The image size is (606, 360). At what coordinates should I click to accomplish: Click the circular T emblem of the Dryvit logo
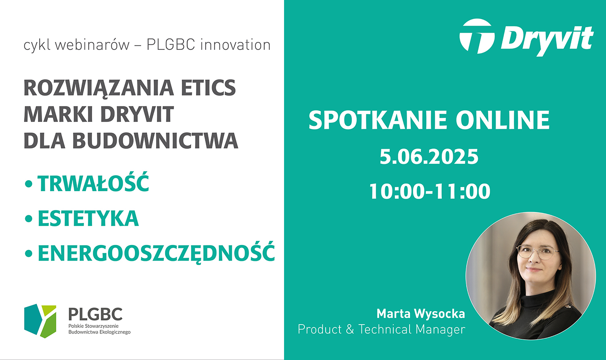pyautogui.click(x=477, y=36)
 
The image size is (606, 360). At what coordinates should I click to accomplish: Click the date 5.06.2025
pyautogui.click(x=429, y=157)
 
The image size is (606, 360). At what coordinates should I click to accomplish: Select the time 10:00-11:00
pyautogui.click(x=430, y=191)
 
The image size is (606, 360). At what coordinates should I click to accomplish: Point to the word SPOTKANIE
pyautogui.click(x=378, y=120)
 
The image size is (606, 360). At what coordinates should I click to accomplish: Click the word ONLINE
pyautogui.click(x=502, y=120)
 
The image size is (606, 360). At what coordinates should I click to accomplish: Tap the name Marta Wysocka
pyautogui.click(x=421, y=314)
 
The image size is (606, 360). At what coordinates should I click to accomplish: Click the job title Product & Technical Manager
pyautogui.click(x=381, y=329)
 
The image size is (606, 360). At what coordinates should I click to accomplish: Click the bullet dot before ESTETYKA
pyautogui.click(x=29, y=219)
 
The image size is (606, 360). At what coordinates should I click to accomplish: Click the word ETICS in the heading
pyautogui.click(x=208, y=88)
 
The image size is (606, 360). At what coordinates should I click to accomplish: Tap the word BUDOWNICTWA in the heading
pyautogui.click(x=155, y=141)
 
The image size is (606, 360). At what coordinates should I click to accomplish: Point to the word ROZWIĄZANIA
pyautogui.click(x=99, y=88)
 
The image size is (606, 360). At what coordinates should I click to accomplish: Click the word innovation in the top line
pyautogui.click(x=236, y=45)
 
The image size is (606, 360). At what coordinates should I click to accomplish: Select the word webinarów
pyautogui.click(x=92, y=45)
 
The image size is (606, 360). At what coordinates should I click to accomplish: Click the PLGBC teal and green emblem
pyautogui.click(x=40, y=321)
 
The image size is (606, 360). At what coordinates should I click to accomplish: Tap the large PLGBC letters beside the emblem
pyautogui.click(x=95, y=314)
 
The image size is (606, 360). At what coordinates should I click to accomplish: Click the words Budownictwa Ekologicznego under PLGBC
pyautogui.click(x=99, y=332)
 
